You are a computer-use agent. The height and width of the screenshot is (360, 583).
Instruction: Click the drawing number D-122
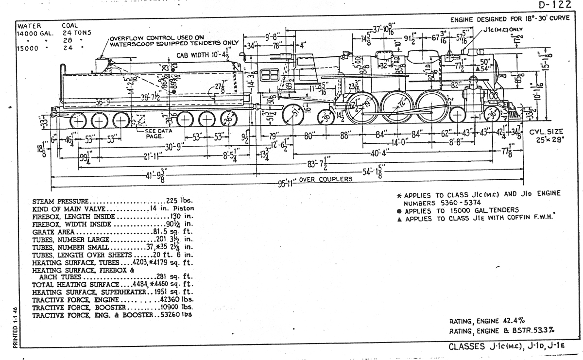coord(554,6)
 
